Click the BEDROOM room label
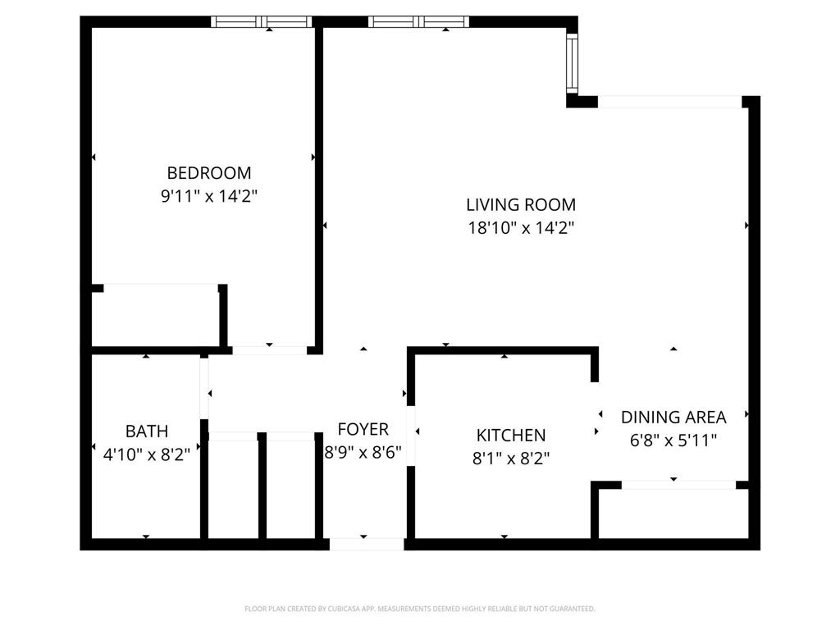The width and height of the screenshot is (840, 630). pyautogui.click(x=209, y=173)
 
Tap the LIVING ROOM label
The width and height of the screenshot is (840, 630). pyautogui.click(x=521, y=204)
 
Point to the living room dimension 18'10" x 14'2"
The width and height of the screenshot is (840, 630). pyautogui.click(x=521, y=228)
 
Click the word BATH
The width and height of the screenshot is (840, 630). pyautogui.click(x=147, y=431)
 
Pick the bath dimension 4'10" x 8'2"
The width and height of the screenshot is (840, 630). pyautogui.click(x=147, y=454)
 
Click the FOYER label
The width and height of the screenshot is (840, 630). pyautogui.click(x=363, y=429)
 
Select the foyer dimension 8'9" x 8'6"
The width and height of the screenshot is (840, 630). pyautogui.click(x=363, y=451)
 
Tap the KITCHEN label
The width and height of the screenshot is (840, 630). pyautogui.click(x=511, y=435)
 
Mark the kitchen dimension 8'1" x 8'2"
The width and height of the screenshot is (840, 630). pyautogui.click(x=511, y=458)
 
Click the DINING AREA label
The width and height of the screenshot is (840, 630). pyautogui.click(x=673, y=417)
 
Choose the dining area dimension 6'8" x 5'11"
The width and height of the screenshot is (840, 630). pyautogui.click(x=673, y=440)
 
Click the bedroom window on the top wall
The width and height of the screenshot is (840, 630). pyautogui.click(x=262, y=22)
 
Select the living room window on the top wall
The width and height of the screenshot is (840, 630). pyautogui.click(x=418, y=22)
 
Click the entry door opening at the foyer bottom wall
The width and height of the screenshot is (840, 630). pyautogui.click(x=367, y=543)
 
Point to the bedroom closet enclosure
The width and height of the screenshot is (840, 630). pyautogui.click(x=156, y=316)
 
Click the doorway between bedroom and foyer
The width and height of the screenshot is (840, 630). pyautogui.click(x=269, y=350)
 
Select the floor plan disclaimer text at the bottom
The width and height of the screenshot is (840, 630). pyautogui.click(x=420, y=609)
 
